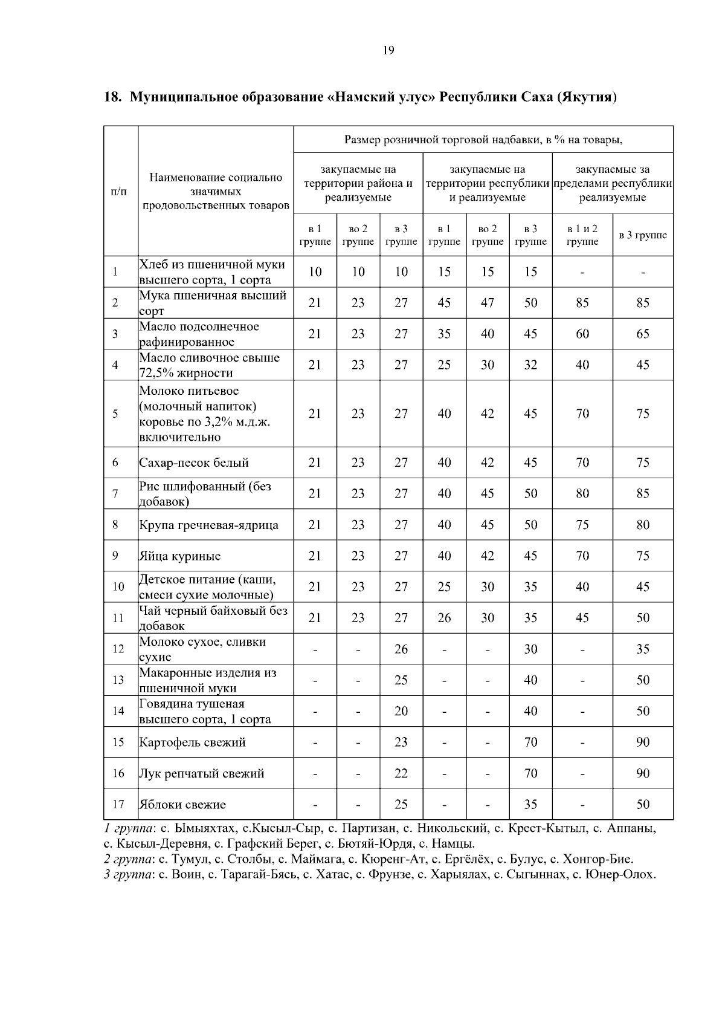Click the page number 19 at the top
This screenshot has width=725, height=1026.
pos(388,50)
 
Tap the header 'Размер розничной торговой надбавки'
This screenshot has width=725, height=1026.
pos(483,140)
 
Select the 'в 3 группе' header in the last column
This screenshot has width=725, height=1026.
pos(643,235)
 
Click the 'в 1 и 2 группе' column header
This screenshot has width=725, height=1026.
pos(582,235)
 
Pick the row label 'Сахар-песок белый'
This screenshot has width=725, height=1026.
pos(194,463)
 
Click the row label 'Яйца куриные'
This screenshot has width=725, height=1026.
pos(180,556)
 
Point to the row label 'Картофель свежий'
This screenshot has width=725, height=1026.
pos(193,742)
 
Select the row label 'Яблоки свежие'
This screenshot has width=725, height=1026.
pos(182,805)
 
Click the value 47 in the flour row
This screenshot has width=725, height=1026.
pos(488,303)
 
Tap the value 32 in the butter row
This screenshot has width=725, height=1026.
pos(530,365)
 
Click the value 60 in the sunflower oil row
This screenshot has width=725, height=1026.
pos(582,334)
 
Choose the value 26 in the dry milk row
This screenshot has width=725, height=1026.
pos(401,649)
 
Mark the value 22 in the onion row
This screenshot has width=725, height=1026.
pos(401,773)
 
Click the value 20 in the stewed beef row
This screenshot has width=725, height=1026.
pos(401,711)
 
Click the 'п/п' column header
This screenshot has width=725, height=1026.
pos(120,192)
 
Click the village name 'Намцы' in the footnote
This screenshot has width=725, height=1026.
pos(457,844)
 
